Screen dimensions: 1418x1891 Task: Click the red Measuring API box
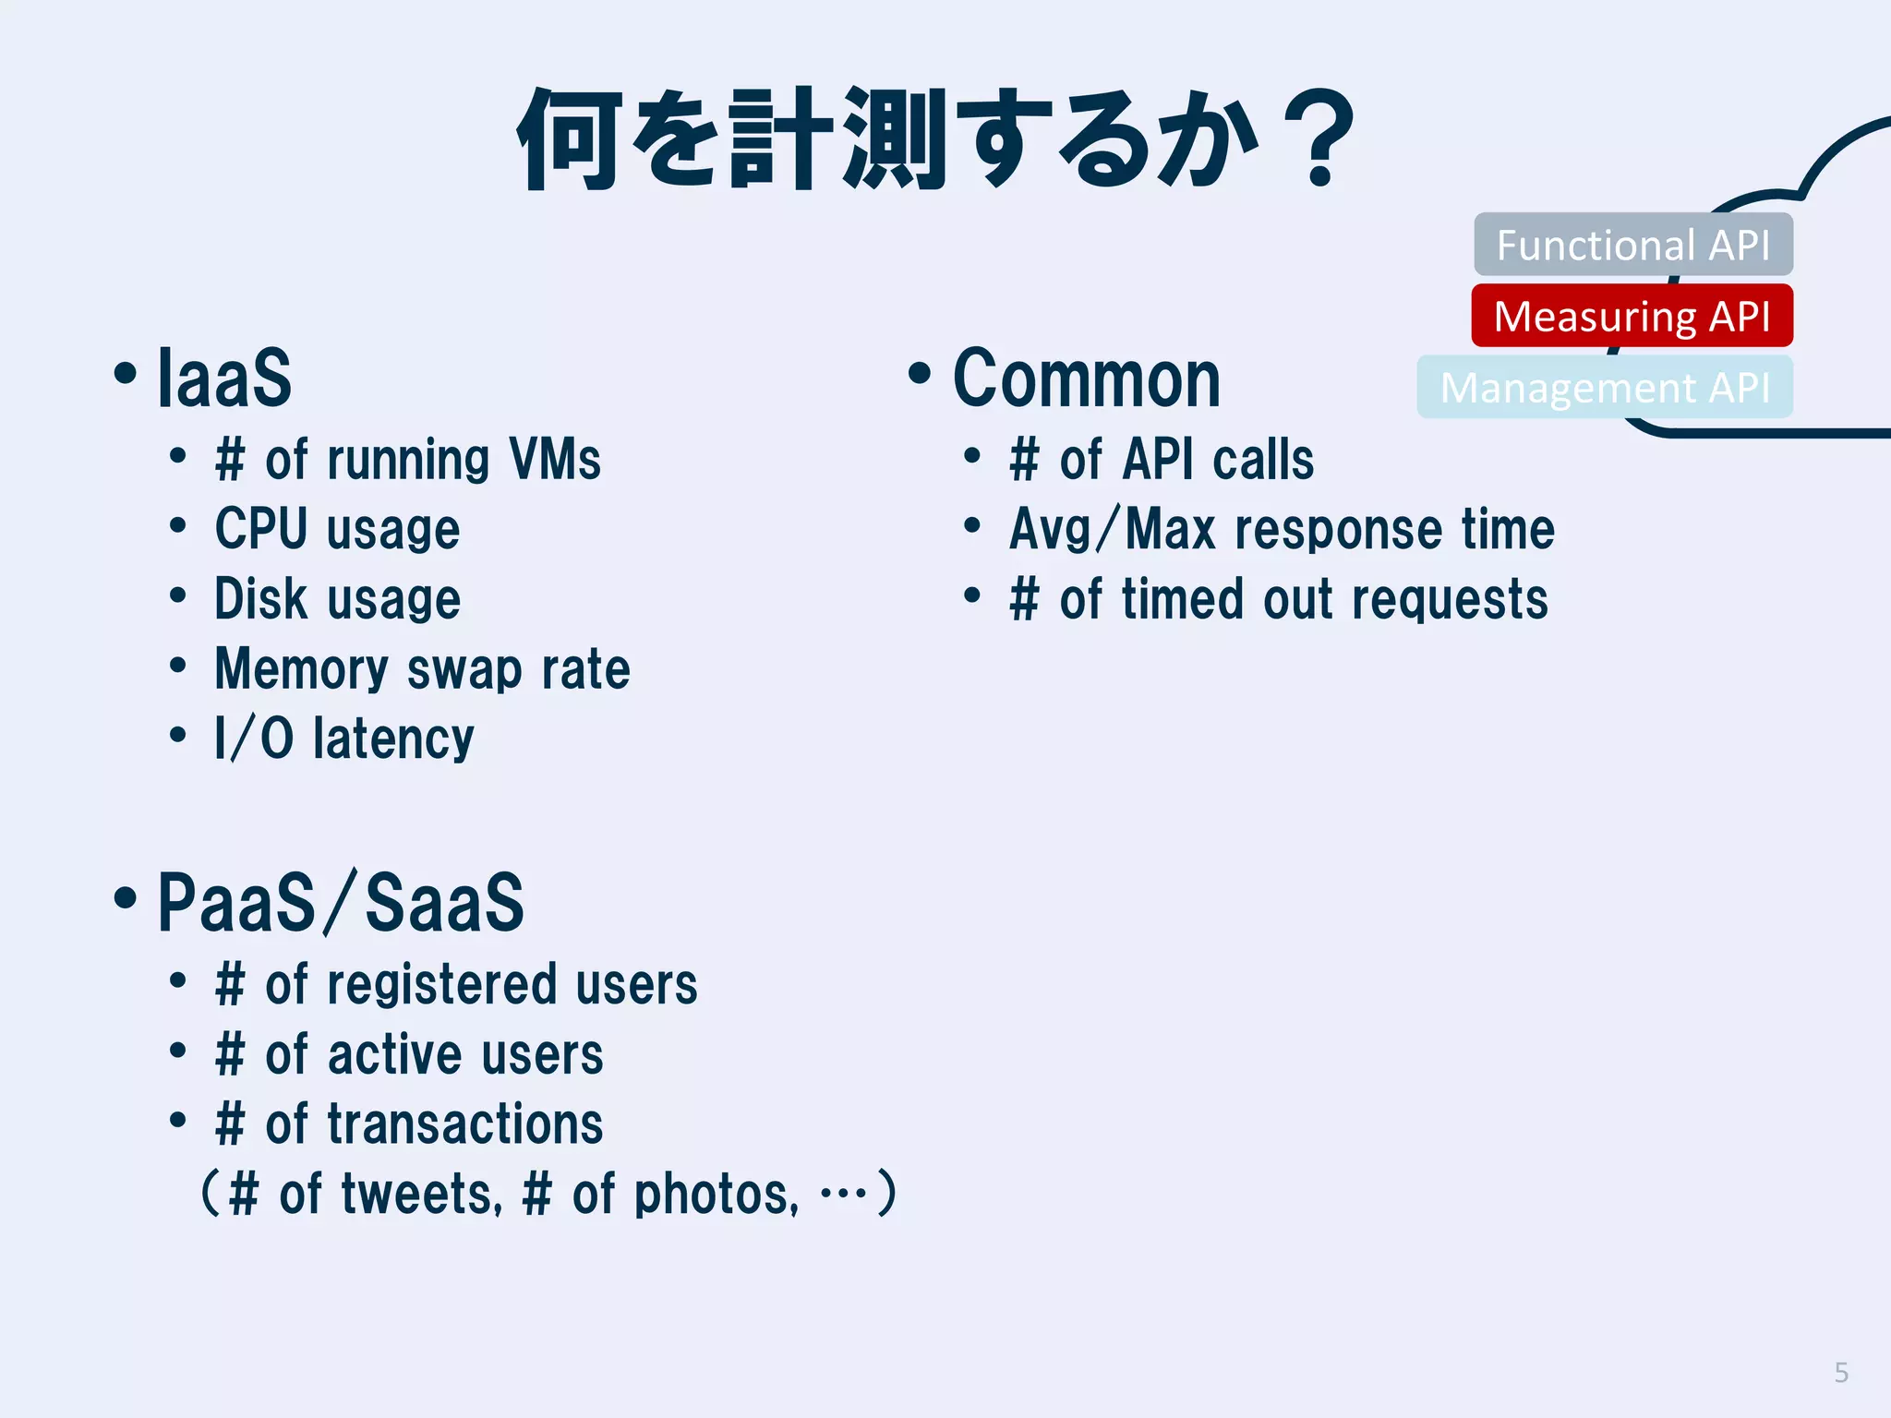(x=1632, y=316)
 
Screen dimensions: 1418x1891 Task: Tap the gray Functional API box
(x=1632, y=245)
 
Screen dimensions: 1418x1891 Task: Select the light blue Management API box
(x=1605, y=388)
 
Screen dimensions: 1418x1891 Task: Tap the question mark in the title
(x=1321, y=138)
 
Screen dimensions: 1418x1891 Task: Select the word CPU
(x=260, y=529)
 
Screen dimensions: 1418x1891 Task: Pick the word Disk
(x=259, y=598)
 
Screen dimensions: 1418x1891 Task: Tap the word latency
(x=393, y=739)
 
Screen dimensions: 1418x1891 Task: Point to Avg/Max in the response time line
(x=1112, y=530)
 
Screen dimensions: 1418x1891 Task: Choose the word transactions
(x=464, y=1124)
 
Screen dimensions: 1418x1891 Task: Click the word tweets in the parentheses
(x=421, y=1194)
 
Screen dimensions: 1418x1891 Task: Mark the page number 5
(x=1840, y=1373)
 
